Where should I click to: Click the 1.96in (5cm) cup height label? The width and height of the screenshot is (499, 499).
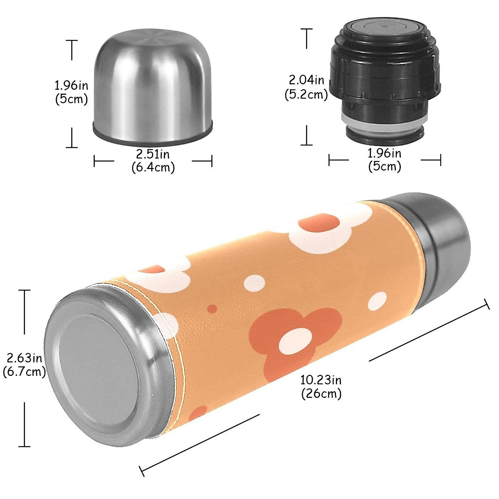[72, 92]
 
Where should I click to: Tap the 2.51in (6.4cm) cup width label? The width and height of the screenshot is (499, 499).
[153, 161]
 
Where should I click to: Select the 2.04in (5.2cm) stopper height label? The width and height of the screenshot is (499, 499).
[306, 87]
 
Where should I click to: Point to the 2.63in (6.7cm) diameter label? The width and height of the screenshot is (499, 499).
[24, 364]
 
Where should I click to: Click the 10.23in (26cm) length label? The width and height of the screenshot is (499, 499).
[321, 386]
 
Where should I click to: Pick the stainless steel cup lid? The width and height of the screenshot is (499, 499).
[152, 87]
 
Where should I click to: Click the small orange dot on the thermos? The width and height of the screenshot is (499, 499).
[212, 309]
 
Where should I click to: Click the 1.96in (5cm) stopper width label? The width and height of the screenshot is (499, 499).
[385, 160]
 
